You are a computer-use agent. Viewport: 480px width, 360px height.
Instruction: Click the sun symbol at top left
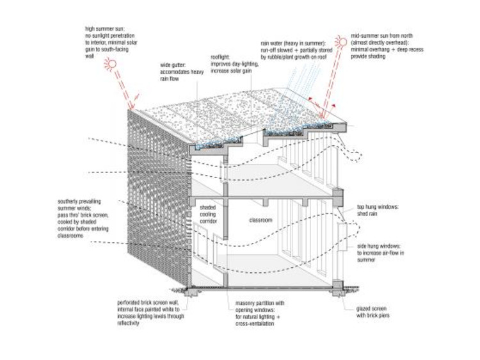point(111,63)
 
